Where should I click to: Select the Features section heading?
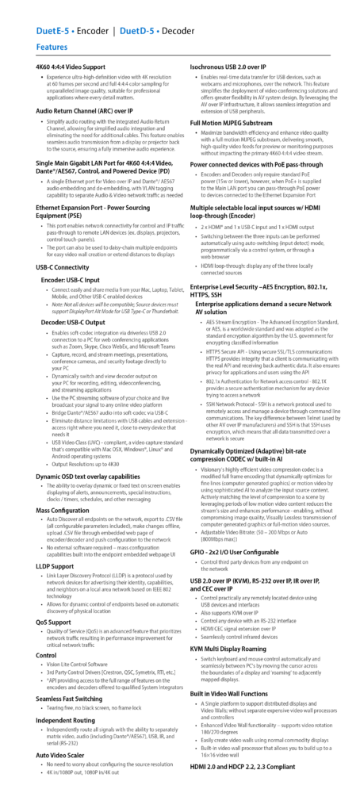click(52, 48)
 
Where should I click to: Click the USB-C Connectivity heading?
click(63, 267)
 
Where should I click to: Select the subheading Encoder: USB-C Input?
click(70, 280)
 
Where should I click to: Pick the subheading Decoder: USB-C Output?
click(73, 322)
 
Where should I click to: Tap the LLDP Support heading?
click(56, 566)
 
